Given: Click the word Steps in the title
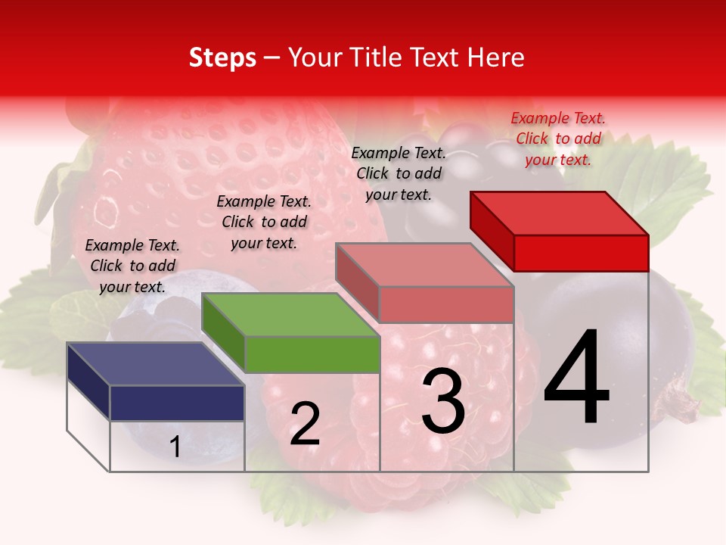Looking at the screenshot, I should (x=222, y=58).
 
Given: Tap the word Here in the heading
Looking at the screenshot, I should (x=495, y=58).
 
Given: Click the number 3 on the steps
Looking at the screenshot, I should (x=442, y=401).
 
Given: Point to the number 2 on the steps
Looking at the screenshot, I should (x=305, y=424).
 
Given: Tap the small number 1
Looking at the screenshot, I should (x=175, y=447).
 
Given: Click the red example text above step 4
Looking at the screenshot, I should (x=558, y=139).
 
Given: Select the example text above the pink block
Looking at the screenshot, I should (x=399, y=173).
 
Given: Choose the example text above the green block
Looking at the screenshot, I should (x=264, y=222).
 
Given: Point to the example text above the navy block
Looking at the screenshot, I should (x=132, y=266).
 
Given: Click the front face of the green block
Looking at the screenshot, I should (x=312, y=354).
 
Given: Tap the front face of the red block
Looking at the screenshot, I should (x=581, y=253).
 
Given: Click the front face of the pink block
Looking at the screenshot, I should (x=446, y=304).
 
